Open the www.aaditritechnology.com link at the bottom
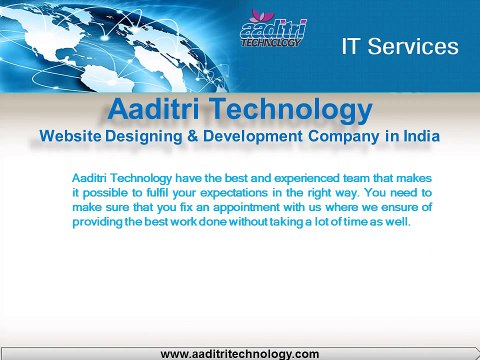tap(240, 353)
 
